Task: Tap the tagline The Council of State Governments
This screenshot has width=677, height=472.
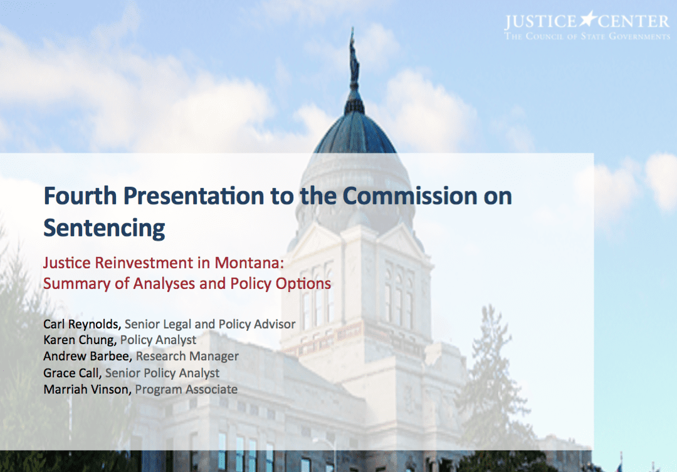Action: [587, 36]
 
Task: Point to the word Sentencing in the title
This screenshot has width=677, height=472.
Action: [104, 228]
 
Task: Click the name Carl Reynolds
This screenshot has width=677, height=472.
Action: [81, 324]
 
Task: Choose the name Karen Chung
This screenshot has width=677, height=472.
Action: [80, 340]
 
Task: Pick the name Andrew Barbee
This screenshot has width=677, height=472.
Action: [88, 356]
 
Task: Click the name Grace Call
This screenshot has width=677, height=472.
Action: [72, 373]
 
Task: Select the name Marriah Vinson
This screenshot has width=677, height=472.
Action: [87, 389]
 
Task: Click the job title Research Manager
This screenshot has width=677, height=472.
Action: [187, 356]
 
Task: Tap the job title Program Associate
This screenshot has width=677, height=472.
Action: [186, 389]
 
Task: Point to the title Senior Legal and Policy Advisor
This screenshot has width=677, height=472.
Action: [210, 324]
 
